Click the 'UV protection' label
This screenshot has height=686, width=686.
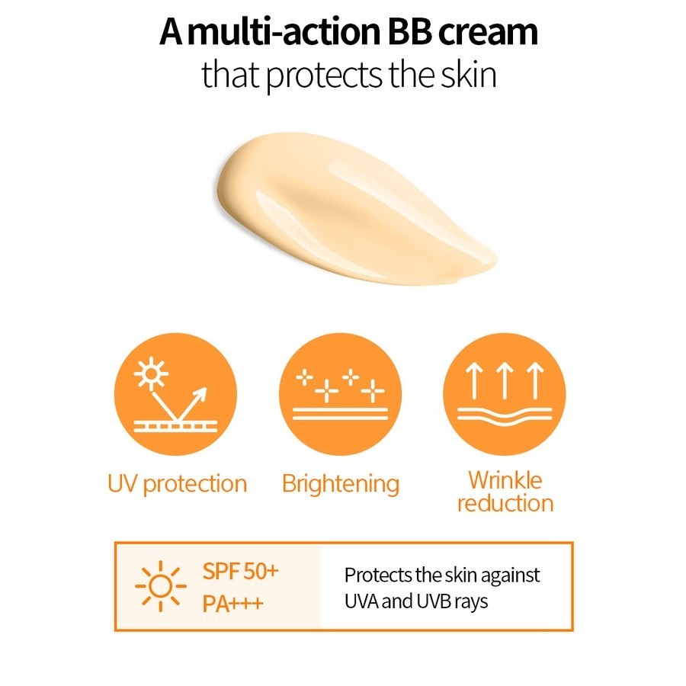pos(177,484)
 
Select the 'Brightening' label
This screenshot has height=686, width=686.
pos(341,483)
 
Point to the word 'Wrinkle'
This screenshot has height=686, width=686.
pos(505,480)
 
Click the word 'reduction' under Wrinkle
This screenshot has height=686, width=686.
pos(505,504)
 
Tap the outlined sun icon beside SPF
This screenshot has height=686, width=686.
pos(160,587)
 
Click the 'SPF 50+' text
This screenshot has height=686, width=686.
pos(241,572)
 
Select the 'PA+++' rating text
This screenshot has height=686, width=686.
pos(233,604)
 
